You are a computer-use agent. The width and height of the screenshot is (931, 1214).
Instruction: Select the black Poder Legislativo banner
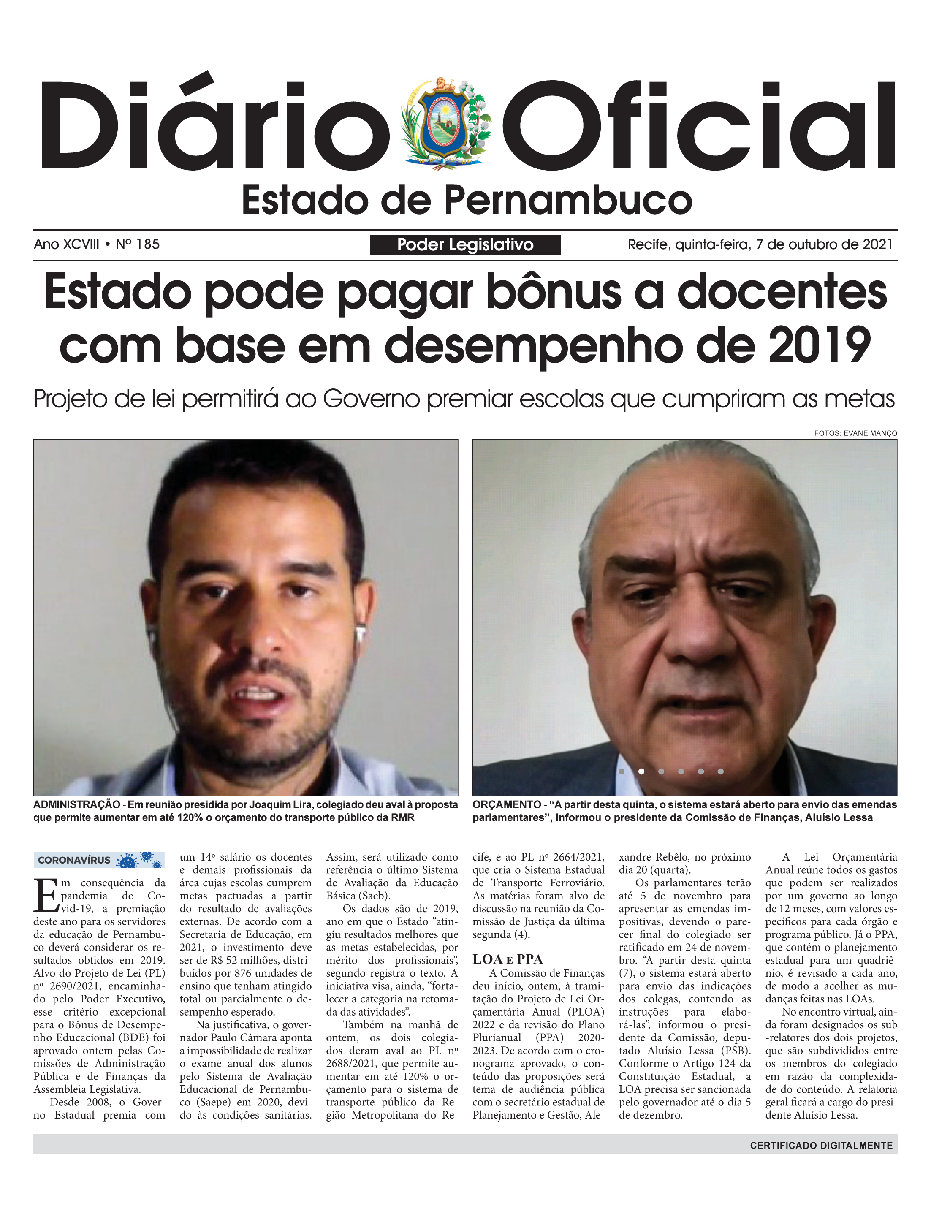pyautogui.click(x=465, y=245)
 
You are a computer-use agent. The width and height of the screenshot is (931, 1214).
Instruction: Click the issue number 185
pyautogui.click(x=147, y=244)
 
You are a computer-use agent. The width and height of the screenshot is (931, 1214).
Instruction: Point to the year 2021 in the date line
pyautogui.click(x=877, y=244)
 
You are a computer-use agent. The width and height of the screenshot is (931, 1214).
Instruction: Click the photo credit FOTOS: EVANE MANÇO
pyautogui.click(x=855, y=433)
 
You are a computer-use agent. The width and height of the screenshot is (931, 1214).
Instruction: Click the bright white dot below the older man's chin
pyautogui.click(x=641, y=771)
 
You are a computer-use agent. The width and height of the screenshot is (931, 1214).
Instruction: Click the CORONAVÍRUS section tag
pyautogui.click(x=74, y=861)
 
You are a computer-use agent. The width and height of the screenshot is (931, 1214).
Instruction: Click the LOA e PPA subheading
pyautogui.click(x=507, y=959)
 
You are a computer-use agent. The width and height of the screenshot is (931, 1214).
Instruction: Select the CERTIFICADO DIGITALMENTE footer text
pyautogui.click(x=821, y=1145)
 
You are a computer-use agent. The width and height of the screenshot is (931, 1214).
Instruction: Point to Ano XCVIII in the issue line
pyautogui.click(x=67, y=244)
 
